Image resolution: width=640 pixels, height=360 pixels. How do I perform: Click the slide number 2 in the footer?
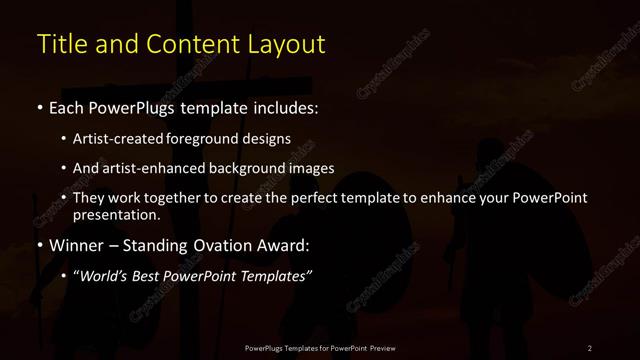[x=590, y=347]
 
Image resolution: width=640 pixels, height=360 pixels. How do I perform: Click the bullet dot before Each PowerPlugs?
[x=39, y=106]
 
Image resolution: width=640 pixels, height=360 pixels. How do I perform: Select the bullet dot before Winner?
[x=39, y=244]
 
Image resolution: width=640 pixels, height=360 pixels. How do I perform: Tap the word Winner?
[x=78, y=244]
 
